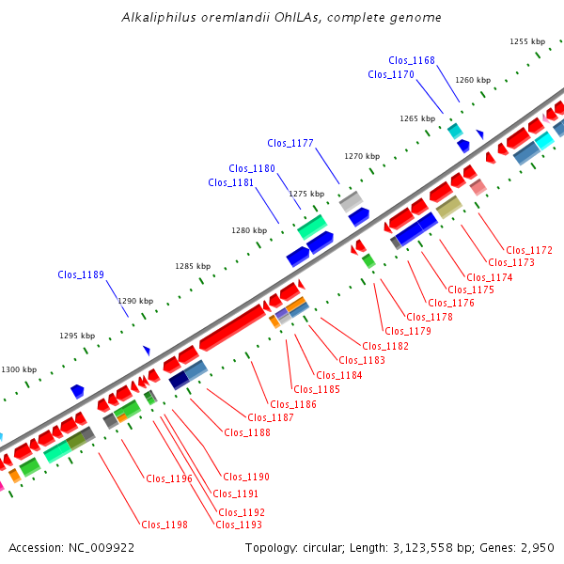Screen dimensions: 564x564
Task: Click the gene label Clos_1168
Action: (412, 60)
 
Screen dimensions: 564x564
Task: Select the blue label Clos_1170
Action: (391, 74)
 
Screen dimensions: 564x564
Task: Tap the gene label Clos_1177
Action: (290, 143)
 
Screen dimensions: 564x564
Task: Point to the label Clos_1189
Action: (81, 274)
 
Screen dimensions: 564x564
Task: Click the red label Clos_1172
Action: (528, 250)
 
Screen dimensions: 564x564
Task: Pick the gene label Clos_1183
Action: (362, 360)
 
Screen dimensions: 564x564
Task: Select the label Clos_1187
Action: (270, 417)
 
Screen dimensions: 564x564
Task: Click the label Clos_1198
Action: (164, 525)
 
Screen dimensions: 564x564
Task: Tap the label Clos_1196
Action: (169, 478)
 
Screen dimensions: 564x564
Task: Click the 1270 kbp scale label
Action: (362, 156)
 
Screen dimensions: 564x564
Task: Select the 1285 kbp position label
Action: (193, 266)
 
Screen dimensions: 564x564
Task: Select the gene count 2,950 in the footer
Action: (535, 547)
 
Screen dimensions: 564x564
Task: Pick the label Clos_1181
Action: (231, 182)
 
